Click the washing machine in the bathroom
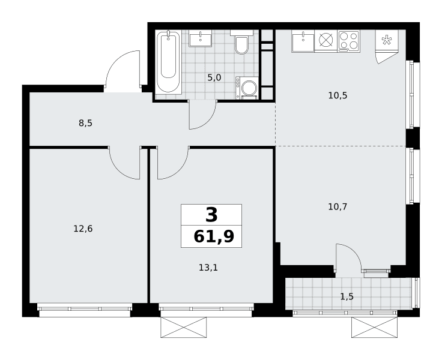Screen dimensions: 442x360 click(x=247, y=88)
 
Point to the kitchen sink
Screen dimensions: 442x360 click(x=303, y=41)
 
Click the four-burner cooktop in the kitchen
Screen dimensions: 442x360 click(x=349, y=41)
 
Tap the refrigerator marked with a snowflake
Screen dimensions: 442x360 click(x=387, y=41)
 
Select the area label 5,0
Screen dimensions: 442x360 click(x=214, y=77)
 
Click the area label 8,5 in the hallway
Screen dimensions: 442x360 click(x=86, y=123)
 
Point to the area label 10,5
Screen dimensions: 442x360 click(x=338, y=95)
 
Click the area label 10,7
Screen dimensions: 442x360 click(x=338, y=207)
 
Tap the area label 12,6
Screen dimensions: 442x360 click(x=83, y=229)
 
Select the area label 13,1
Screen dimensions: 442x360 click(x=208, y=268)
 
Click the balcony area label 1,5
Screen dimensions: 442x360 click(x=347, y=296)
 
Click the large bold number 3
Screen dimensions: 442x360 click(x=212, y=215)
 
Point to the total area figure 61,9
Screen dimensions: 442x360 click(x=214, y=236)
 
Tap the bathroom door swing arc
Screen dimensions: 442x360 click(x=208, y=122)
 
